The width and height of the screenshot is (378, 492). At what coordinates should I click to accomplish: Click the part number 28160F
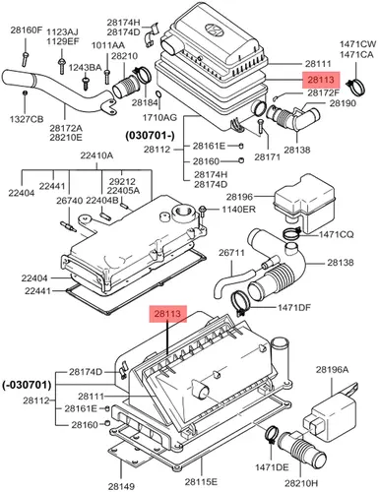click(x=27, y=31)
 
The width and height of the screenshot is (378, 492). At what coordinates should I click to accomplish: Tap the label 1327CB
click(x=27, y=119)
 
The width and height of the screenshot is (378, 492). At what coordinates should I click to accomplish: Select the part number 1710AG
click(x=159, y=117)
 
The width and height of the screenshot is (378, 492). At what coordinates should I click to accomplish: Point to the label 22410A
click(x=96, y=155)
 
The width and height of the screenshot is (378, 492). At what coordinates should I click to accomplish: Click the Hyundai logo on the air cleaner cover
click(x=214, y=29)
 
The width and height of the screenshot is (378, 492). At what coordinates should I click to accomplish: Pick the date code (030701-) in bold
click(x=150, y=135)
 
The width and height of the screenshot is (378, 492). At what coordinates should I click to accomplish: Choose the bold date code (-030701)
click(x=27, y=385)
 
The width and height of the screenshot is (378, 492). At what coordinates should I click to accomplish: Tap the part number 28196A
click(x=332, y=370)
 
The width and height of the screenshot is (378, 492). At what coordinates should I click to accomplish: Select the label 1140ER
click(x=238, y=209)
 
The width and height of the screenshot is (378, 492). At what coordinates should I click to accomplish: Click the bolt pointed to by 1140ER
click(x=203, y=211)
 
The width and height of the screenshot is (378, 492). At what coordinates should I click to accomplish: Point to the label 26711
click(x=231, y=253)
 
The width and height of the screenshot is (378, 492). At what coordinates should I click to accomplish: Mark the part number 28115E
click(x=201, y=481)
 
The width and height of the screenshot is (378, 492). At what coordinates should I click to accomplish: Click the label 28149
click(x=121, y=486)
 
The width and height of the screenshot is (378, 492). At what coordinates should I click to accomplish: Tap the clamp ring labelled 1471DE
click(x=271, y=434)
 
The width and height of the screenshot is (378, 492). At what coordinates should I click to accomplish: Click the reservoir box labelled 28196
click(x=303, y=203)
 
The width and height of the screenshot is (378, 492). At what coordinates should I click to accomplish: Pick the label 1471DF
click(x=294, y=307)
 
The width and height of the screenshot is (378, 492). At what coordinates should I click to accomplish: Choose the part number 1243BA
click(x=85, y=68)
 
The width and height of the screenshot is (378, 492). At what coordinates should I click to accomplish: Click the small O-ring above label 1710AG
click(x=158, y=94)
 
